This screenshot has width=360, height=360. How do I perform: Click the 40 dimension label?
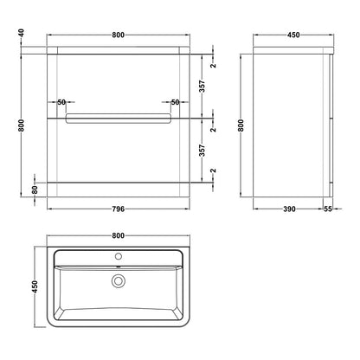coord(21,33)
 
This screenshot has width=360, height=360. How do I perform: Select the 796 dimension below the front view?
coord(118,209)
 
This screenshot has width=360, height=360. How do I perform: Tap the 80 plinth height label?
coord(35,190)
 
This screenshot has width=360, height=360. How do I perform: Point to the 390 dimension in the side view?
coord(289,209)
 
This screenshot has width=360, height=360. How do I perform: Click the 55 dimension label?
coord(328,209)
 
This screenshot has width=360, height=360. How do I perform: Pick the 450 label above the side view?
coord(293,35)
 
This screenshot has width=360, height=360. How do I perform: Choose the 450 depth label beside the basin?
coord(35,286)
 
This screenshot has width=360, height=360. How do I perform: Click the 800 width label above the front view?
coord(118,35)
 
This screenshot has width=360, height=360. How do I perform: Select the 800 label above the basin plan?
coord(118,235)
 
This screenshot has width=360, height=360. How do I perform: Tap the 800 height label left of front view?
coord(21,125)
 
